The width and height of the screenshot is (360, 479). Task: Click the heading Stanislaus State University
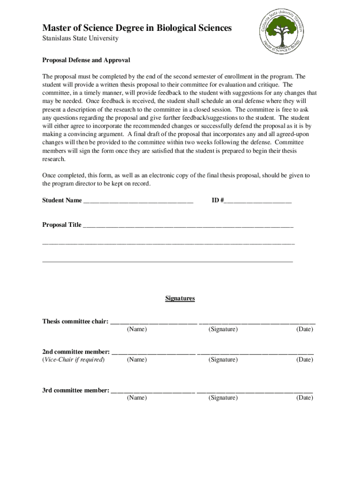80,38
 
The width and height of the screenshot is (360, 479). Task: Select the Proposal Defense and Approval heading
86,60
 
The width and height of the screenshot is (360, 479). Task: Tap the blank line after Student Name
138,201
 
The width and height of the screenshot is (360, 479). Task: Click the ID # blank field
258,201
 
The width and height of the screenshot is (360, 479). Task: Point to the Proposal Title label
62,225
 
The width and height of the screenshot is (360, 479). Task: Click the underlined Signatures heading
180,298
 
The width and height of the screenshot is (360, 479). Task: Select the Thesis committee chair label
75,321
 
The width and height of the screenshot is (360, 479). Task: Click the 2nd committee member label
76,351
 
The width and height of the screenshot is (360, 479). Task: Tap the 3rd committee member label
76,390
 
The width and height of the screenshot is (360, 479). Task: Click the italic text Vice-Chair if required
73,360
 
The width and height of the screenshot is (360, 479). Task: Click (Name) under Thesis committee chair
137,329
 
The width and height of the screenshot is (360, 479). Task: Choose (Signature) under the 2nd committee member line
223,360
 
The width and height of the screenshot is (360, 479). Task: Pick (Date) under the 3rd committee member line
304,398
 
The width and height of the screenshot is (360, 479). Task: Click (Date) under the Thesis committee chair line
304,329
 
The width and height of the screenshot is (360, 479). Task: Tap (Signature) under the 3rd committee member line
223,398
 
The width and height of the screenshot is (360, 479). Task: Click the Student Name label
62,201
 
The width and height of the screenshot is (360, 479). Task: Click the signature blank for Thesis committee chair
257,322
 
